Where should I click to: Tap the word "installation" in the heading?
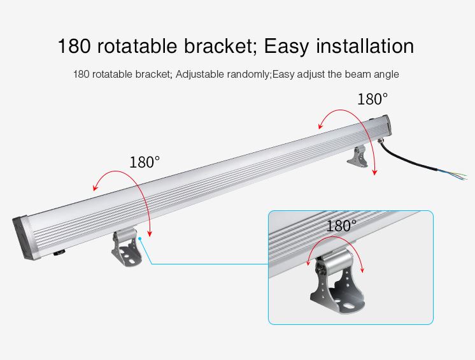[x=365, y=46]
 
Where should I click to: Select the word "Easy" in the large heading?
[x=287, y=47]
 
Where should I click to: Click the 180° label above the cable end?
[x=372, y=99]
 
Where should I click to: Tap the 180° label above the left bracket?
[x=144, y=162]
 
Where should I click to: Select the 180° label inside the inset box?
[x=341, y=226]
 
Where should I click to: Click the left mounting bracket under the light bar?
[x=127, y=247]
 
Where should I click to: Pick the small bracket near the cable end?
[x=358, y=156]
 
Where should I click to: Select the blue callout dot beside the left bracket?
[x=140, y=239]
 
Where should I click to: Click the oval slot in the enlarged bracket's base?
[x=348, y=306]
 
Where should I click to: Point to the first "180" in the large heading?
[x=74, y=46]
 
